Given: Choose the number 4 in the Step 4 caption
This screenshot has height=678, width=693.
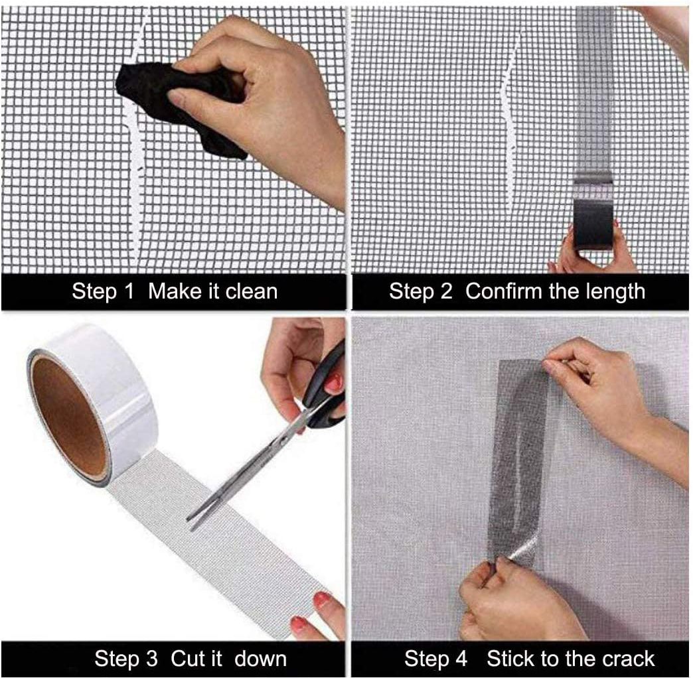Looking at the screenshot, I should point(460,659).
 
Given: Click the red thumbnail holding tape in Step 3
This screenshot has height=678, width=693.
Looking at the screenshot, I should point(322,601).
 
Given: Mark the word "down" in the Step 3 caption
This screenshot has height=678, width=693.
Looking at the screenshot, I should point(260,659).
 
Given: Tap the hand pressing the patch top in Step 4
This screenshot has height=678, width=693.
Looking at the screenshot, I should point(591,385).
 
